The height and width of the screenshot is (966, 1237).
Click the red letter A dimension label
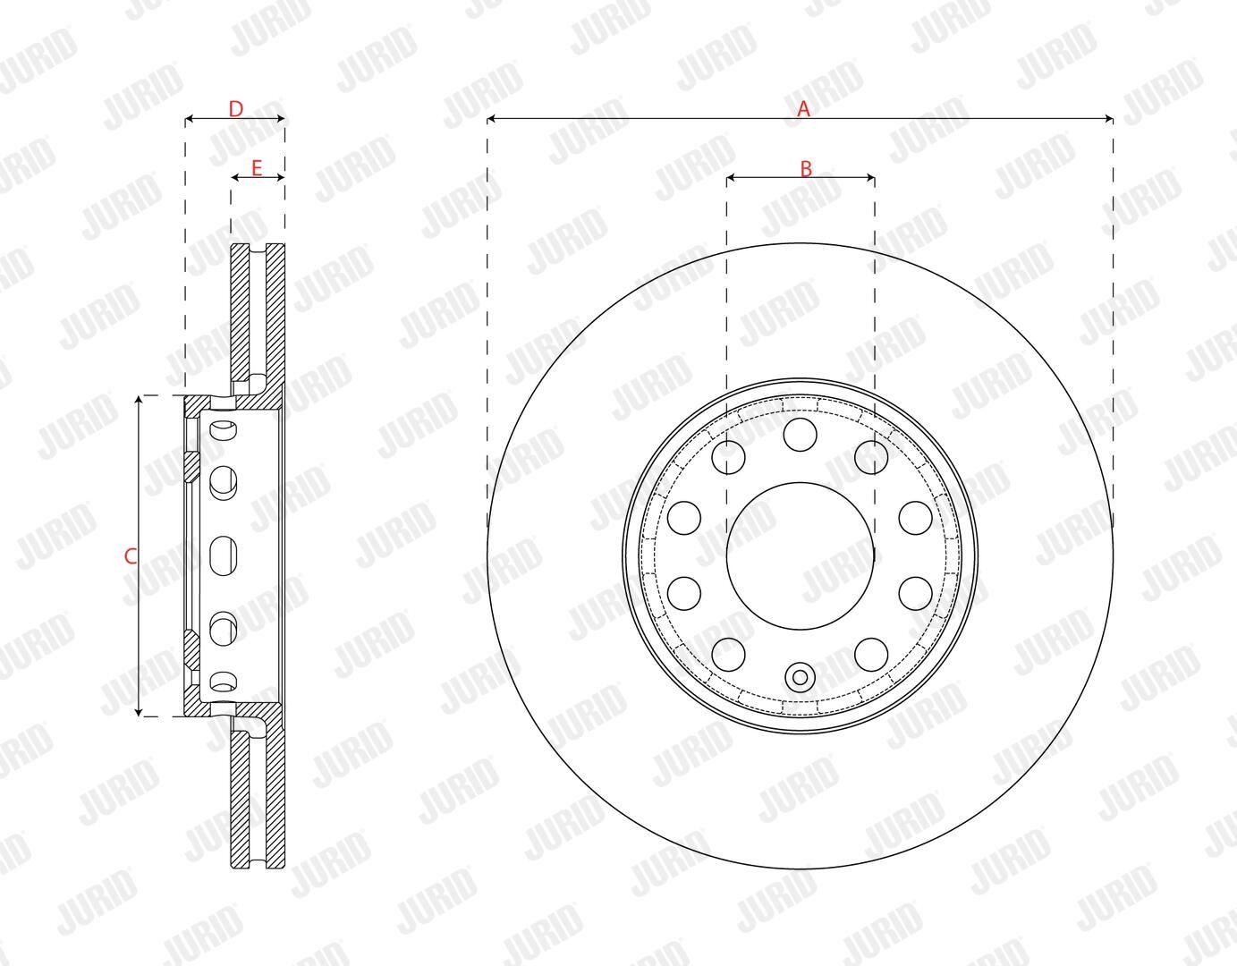(x=803, y=108)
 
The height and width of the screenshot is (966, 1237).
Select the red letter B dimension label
(x=806, y=168)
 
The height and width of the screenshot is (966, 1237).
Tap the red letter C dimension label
(x=131, y=556)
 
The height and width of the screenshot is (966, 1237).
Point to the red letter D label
(x=235, y=108)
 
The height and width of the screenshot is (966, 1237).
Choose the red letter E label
(x=257, y=168)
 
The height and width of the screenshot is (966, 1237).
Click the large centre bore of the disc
(x=801, y=556)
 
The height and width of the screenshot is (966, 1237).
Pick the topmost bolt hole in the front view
(x=801, y=435)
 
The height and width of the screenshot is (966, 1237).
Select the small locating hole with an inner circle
(x=801, y=677)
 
